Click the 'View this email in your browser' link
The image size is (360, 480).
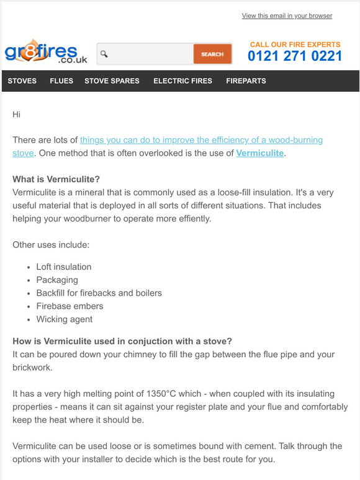[287, 16]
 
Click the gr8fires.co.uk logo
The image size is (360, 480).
[45, 54]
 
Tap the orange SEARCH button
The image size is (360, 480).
[212, 55]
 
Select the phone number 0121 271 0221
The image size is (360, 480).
[295, 56]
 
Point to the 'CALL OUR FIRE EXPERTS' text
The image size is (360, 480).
[295, 45]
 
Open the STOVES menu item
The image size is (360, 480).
[22, 81]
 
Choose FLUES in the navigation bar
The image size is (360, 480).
[61, 81]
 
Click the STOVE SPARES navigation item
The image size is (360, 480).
[112, 81]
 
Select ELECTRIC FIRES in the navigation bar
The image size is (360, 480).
[182, 81]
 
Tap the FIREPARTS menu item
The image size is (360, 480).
[246, 81]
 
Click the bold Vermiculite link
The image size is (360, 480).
[259, 153]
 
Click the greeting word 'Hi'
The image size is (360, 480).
[17, 114]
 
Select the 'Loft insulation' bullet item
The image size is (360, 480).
[64, 267]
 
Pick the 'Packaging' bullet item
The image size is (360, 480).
[57, 280]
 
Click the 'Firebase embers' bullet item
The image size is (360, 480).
[70, 306]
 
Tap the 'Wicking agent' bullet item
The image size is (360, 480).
[65, 319]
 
